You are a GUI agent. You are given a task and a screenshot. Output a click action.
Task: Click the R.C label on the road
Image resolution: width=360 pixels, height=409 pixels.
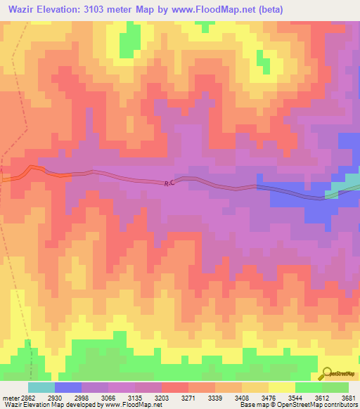coord(169,183)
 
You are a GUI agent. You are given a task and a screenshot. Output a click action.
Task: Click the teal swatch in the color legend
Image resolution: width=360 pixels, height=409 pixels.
coord(41,387)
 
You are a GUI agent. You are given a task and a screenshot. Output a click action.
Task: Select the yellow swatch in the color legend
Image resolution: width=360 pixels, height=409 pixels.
coord(282,387)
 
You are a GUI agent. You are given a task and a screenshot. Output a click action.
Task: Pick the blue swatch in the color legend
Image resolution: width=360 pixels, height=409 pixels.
coord(68,387)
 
